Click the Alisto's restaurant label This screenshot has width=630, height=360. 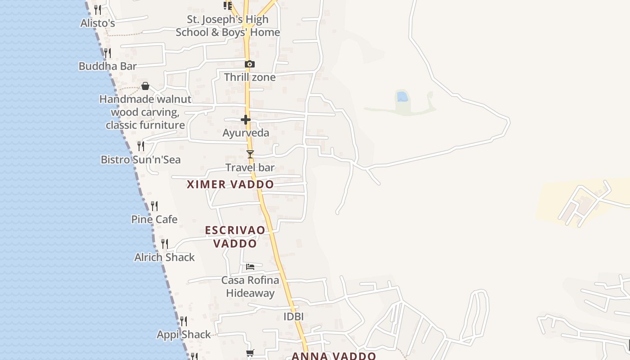click(98, 23)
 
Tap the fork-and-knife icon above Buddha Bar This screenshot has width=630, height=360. click(107, 53)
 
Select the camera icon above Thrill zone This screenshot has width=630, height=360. click(250, 64)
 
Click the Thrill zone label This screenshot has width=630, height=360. click(250, 77)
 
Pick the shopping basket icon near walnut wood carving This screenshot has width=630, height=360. click(145, 86)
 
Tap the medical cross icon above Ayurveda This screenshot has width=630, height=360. click(246, 120)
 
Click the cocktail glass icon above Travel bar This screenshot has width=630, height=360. click(250, 154)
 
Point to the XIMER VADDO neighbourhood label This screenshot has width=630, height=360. click(230, 184)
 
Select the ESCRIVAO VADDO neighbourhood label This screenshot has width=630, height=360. click(235, 237)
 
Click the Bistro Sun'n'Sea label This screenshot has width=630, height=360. click(140, 160)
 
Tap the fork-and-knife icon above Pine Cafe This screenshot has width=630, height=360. click(154, 206)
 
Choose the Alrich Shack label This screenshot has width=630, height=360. click(164, 257)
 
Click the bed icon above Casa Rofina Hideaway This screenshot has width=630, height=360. click(250, 267)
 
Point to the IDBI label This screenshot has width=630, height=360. click(293, 317)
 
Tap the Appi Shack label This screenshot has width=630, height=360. click(184, 335)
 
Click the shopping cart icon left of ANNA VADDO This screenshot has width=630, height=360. click(250, 353)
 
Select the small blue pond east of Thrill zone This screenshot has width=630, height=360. click(402, 96)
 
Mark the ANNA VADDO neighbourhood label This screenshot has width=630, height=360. click(333, 356)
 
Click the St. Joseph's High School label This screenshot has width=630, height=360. click(228, 26)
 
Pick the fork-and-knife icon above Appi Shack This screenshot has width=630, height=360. click(184, 321)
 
